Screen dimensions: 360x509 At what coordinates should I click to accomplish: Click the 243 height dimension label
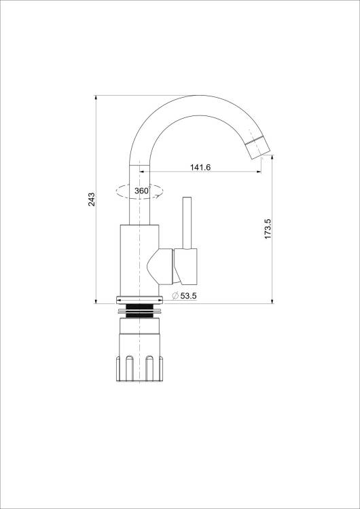coord(92,200)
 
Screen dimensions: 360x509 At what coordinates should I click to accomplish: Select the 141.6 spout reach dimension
coord(200,167)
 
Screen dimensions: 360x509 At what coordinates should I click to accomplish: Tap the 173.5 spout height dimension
coord(268,229)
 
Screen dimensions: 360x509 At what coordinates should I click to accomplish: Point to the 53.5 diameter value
coord(188,296)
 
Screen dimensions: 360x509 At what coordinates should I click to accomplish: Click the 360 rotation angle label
coord(142,191)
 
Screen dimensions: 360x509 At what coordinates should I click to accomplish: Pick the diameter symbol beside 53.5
coord(175,296)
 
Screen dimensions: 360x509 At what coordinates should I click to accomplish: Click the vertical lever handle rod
coord(187,223)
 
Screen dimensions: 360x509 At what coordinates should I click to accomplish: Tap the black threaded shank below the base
coord(139,311)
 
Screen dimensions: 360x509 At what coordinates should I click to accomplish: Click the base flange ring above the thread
coord(139,300)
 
